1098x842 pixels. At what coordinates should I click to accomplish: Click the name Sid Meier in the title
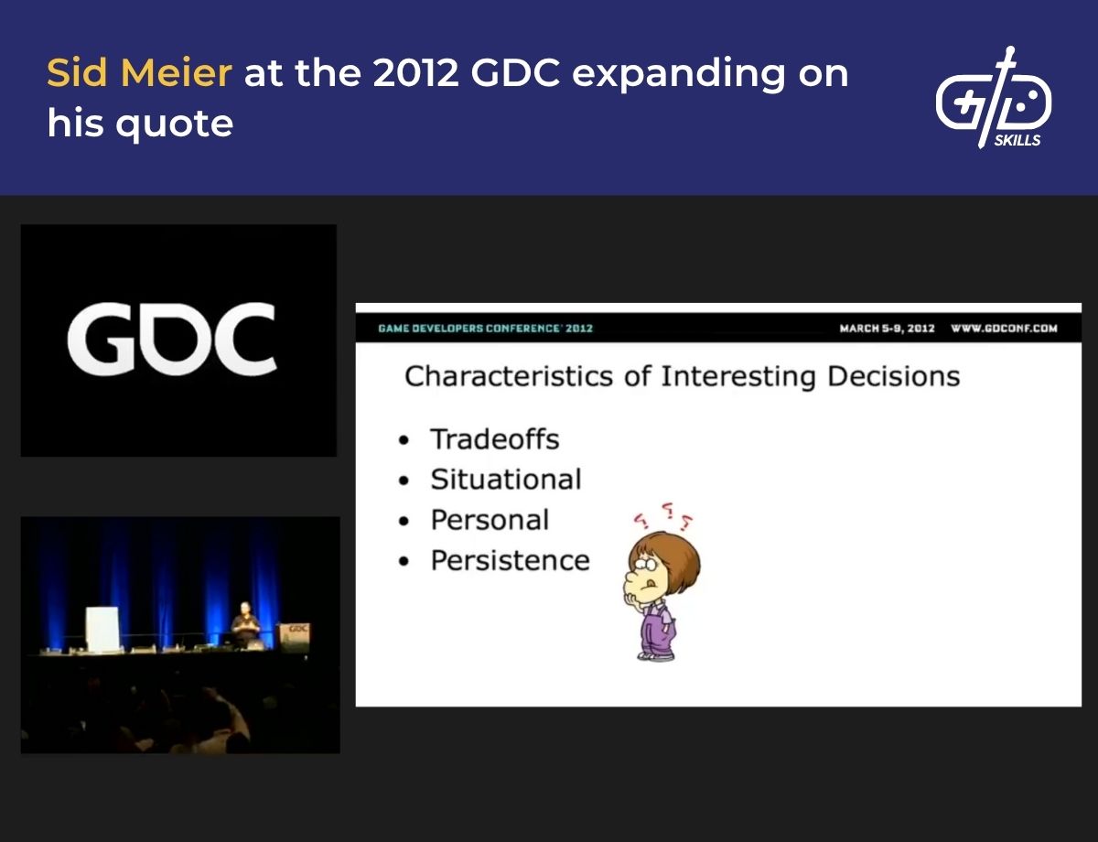[139, 73]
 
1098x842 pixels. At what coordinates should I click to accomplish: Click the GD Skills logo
[993, 99]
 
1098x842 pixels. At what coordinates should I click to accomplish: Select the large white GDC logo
[172, 340]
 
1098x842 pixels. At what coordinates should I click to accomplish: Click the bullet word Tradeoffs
[494, 439]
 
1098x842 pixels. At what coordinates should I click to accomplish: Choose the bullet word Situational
[505, 480]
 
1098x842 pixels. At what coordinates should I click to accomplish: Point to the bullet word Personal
[490, 520]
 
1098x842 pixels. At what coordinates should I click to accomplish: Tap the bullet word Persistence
[510, 560]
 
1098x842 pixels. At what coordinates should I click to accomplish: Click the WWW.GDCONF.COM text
[1004, 329]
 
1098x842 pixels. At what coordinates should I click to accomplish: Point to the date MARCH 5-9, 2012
[887, 329]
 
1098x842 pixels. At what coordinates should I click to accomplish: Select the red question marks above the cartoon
[662, 517]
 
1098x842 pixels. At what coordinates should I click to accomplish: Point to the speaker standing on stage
[243, 623]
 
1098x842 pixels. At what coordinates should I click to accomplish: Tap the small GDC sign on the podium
[295, 633]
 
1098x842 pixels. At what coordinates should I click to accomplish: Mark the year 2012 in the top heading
[415, 73]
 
